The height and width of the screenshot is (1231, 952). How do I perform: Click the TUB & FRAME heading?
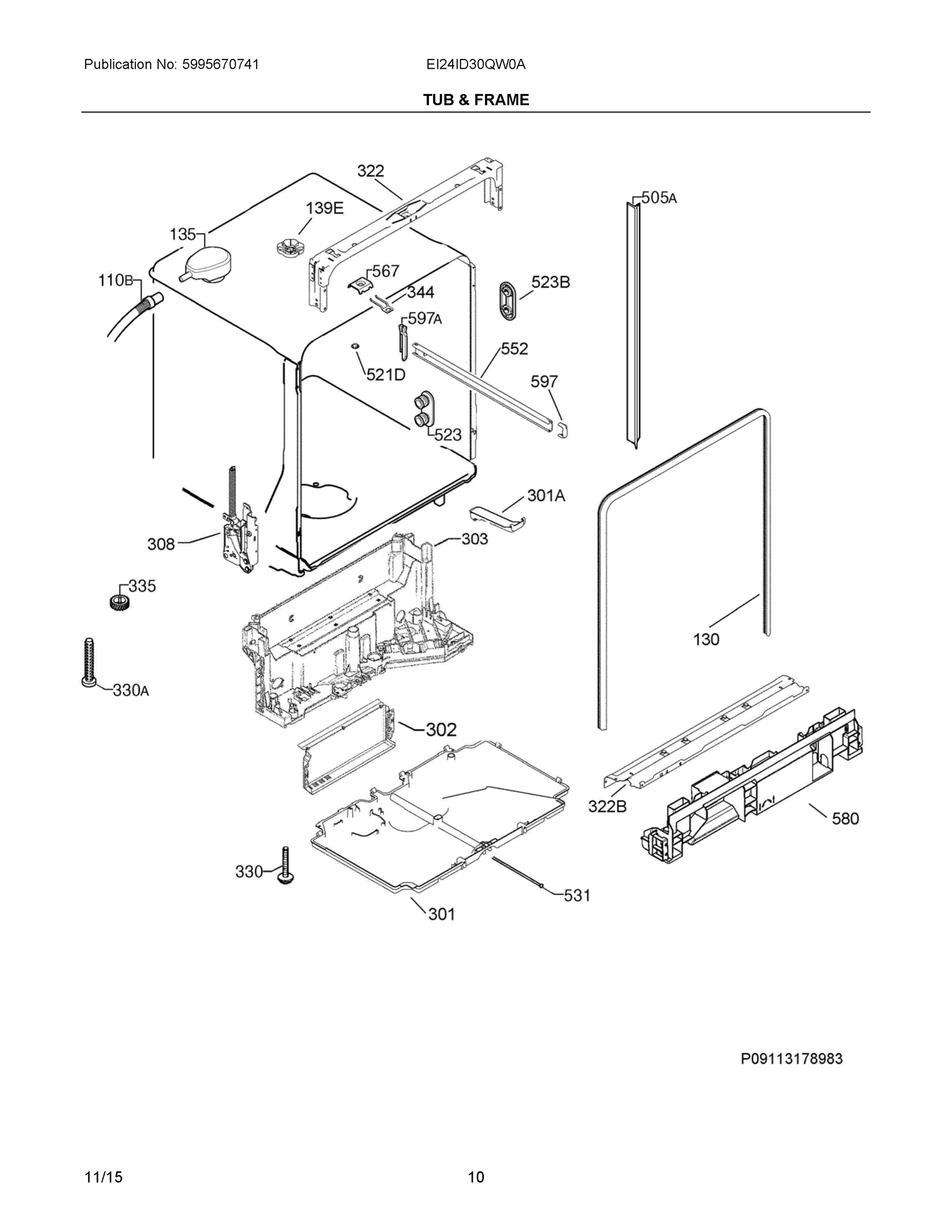pyautogui.click(x=476, y=100)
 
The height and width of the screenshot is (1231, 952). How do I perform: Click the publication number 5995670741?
pyautogui.click(x=221, y=64)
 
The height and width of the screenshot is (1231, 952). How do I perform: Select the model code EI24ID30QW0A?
pyautogui.click(x=476, y=64)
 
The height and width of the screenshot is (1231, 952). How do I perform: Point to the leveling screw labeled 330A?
pyautogui.click(x=89, y=663)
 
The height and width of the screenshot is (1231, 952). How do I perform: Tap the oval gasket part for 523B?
pyautogui.click(x=508, y=301)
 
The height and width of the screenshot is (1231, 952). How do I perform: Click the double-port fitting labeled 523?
pyautogui.click(x=422, y=410)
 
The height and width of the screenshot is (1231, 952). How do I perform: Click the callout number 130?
pyautogui.click(x=706, y=639)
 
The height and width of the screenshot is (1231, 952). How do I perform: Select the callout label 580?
pyautogui.click(x=845, y=818)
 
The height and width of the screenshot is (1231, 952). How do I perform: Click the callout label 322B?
pyautogui.click(x=607, y=807)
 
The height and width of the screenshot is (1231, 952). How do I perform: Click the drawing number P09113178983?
pyautogui.click(x=791, y=1059)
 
